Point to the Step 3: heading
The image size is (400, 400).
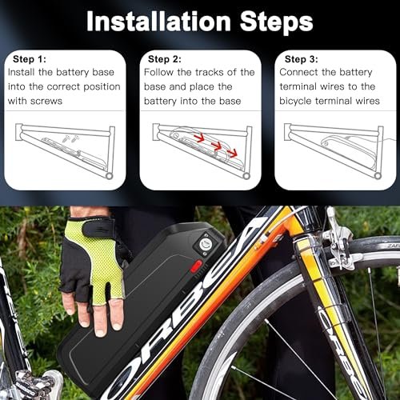click(x=301, y=58)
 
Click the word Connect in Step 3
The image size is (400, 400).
click(x=306, y=73)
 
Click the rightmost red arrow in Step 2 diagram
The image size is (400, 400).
click(x=233, y=152)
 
